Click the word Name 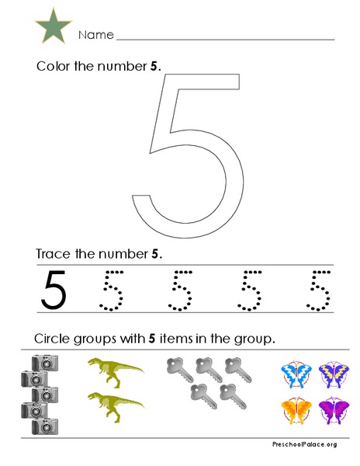click(x=95, y=36)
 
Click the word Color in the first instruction click(x=53, y=66)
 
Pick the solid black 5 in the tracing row click(x=54, y=288)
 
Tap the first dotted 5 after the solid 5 click(x=113, y=289)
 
